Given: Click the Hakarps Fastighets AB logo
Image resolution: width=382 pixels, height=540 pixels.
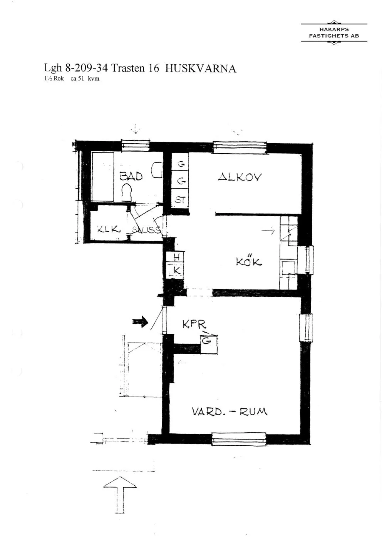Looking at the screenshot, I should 334,33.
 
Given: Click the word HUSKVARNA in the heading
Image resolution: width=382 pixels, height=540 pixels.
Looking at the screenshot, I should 201,69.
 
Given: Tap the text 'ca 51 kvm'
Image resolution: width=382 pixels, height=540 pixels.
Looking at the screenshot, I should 85,79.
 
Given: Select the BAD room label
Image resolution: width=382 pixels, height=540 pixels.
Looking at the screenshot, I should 131,177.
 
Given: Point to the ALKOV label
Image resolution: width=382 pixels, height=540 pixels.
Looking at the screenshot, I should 240,177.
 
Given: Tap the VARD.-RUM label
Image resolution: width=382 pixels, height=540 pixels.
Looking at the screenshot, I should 230,411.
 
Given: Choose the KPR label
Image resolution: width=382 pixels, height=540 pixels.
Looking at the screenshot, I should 194,324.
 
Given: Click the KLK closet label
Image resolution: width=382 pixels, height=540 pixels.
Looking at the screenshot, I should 109,229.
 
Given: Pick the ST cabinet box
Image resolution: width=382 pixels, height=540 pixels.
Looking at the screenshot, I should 180,200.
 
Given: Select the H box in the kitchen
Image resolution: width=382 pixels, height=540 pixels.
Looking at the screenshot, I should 177,257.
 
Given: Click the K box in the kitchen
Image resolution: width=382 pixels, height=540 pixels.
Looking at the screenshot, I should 177,271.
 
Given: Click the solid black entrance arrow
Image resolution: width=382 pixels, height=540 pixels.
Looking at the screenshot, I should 141,321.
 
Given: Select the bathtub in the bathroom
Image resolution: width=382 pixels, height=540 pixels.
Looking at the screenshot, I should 102,176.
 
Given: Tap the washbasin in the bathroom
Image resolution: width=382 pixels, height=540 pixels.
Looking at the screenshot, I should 157,171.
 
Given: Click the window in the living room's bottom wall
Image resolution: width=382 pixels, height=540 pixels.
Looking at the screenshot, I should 239,439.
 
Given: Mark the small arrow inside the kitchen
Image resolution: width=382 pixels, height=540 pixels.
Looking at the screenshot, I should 268,231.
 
